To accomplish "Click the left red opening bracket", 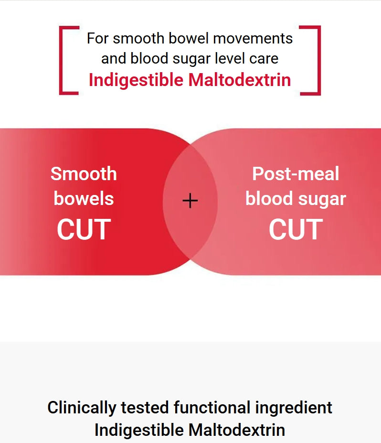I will point(62,60).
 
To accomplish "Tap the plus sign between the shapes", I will point(190,201).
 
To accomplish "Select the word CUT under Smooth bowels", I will point(84,229).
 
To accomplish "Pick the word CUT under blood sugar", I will point(296,229).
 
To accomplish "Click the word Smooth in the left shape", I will point(84,173).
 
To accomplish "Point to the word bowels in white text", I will point(84,198).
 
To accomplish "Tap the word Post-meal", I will point(296,173).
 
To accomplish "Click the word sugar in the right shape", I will point(323,199).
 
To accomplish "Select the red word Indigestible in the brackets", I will point(137,80).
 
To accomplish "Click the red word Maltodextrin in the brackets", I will point(240,80).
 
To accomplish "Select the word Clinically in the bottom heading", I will point(82,408).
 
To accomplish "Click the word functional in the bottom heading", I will point(212,408).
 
